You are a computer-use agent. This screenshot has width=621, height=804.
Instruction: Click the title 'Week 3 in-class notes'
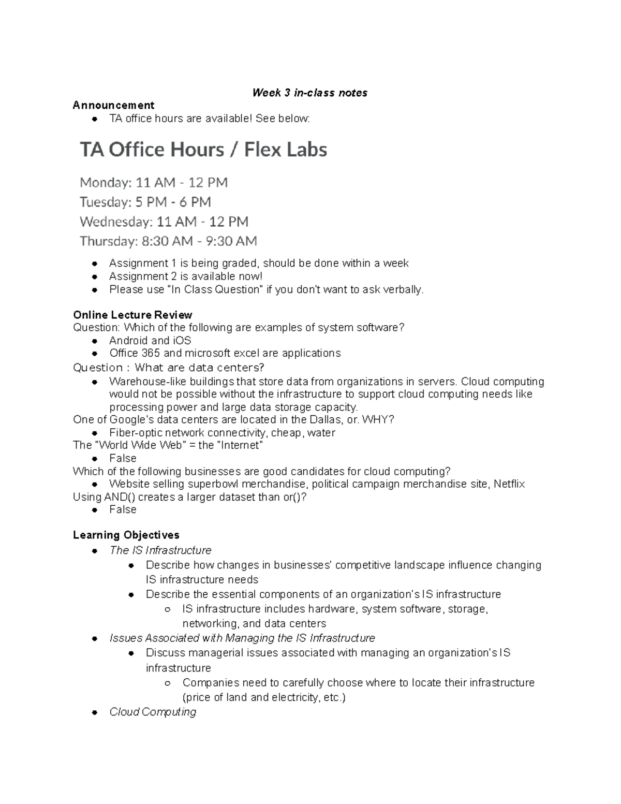tap(309, 93)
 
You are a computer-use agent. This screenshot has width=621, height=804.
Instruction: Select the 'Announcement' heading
tap(113, 106)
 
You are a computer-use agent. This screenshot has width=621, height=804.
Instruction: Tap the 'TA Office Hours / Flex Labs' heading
tap(203, 150)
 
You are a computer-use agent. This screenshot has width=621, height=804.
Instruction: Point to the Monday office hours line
tap(154, 183)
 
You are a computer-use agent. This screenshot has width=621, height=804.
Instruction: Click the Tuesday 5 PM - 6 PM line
tap(145, 202)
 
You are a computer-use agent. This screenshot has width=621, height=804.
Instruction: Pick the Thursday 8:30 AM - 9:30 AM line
tap(168, 241)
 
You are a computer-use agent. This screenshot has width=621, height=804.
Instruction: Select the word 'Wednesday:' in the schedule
tap(116, 222)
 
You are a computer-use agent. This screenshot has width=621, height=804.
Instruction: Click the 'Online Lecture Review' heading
tap(132, 315)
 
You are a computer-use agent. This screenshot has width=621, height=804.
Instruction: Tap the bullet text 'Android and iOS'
tap(150, 341)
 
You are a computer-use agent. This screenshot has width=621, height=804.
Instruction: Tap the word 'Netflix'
tap(509, 484)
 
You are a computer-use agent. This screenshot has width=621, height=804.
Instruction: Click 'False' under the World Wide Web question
tap(123, 458)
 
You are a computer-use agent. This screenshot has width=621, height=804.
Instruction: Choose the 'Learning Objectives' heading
tap(126, 535)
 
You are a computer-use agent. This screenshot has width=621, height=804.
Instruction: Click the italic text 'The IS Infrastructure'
tap(160, 550)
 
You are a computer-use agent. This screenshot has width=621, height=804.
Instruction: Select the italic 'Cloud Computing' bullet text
tap(153, 712)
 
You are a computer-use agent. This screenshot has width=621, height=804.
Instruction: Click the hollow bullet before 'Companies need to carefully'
tap(167, 683)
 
